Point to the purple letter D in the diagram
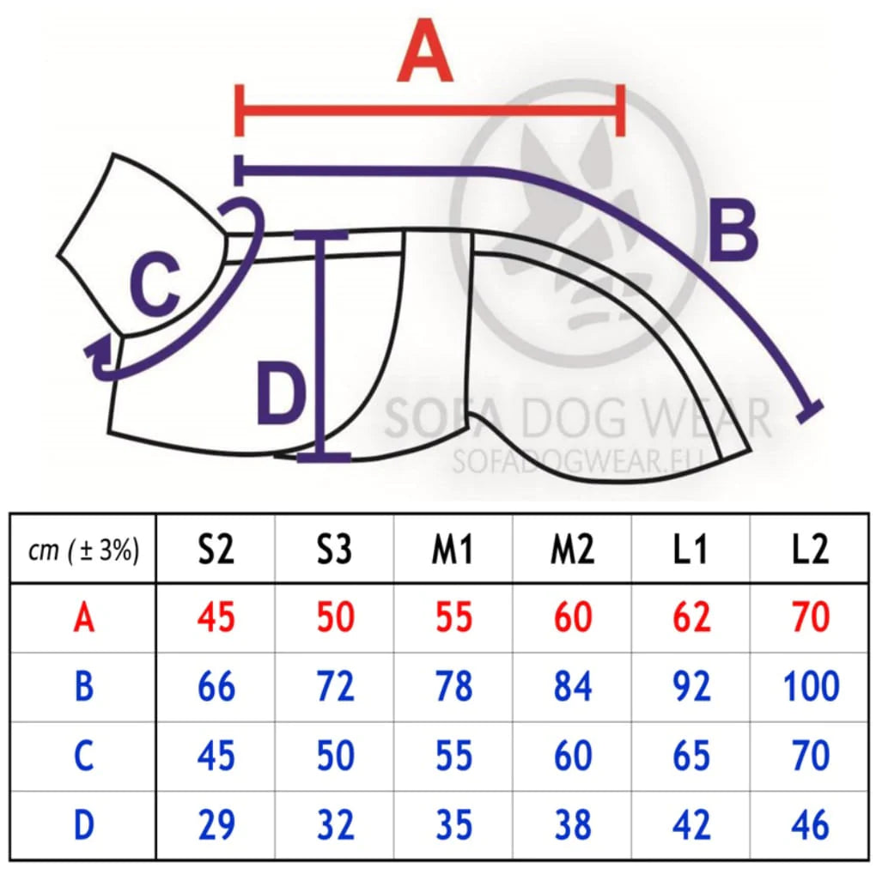[281, 396]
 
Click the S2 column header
[216, 550]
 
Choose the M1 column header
[453, 550]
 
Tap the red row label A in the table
[83, 617]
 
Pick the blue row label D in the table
[83, 825]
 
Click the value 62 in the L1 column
[690, 617]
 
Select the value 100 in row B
[810, 687]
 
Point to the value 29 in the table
[216, 825]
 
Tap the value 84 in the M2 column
[572, 687]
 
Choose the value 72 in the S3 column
[334, 687]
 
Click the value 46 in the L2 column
[808, 825]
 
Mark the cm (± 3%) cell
[83, 550]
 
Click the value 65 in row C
[690, 756]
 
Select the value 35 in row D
[453, 825]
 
